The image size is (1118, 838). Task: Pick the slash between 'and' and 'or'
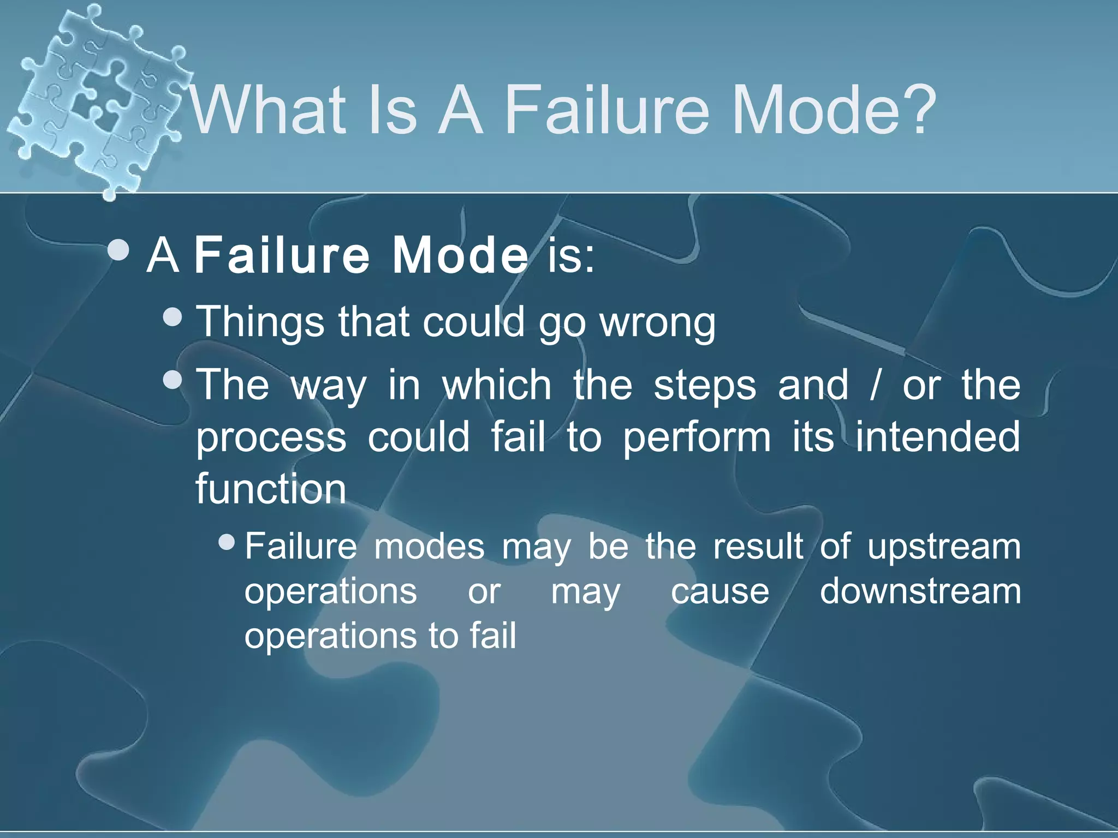click(x=876, y=385)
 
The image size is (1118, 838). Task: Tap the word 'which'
click(x=497, y=385)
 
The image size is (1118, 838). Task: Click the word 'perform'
click(x=697, y=438)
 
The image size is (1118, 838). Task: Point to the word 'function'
click(x=271, y=489)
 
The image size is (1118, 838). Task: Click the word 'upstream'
click(x=944, y=547)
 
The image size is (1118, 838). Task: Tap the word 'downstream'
click(x=920, y=591)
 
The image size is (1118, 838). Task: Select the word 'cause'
click(x=720, y=592)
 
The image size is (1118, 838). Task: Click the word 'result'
click(x=758, y=546)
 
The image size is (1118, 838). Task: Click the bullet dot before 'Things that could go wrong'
click(x=173, y=316)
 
